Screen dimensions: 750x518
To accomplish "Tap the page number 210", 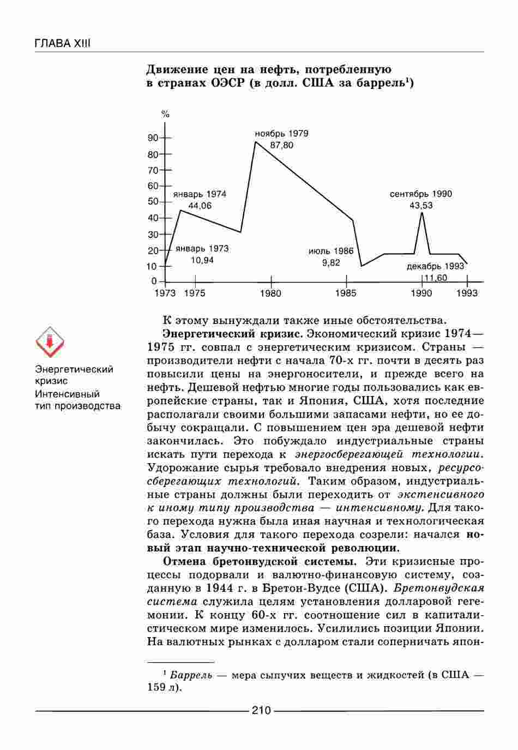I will click(261, 710).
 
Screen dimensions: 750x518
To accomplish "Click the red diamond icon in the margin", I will click(50, 343).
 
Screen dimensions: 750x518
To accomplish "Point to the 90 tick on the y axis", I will click(153, 138).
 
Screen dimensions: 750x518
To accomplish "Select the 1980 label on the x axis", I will click(271, 293).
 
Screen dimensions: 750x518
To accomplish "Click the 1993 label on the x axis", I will click(467, 293).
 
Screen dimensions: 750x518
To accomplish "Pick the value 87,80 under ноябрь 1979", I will click(282, 145).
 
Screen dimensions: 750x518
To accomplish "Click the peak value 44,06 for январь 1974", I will click(200, 206).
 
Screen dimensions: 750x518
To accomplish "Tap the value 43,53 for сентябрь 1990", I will click(421, 206).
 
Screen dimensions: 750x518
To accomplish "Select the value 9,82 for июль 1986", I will click(331, 263).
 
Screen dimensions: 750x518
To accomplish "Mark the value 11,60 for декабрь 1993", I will click(436, 278).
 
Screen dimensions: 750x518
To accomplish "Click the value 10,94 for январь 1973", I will click(202, 260).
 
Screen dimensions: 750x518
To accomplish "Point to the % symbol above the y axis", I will click(165, 115).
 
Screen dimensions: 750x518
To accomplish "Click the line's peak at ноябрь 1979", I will click(255, 142).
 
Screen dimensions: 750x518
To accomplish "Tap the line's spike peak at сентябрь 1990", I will click(421, 213).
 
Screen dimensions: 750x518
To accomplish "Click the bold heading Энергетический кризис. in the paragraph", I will click(233, 333).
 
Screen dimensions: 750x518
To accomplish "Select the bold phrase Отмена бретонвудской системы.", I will click(260, 561).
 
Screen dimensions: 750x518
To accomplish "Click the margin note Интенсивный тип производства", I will click(77, 400).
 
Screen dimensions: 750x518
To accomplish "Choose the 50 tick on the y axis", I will click(153, 202).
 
